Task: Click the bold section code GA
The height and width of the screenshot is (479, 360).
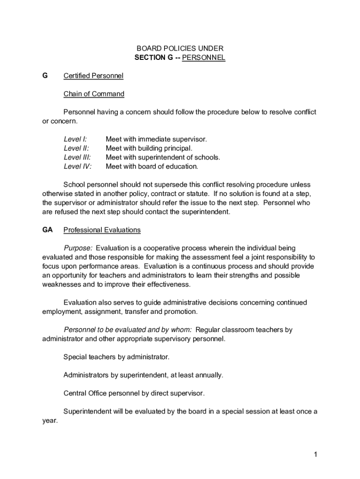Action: click(47, 230)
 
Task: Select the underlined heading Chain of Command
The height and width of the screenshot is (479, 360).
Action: click(94, 94)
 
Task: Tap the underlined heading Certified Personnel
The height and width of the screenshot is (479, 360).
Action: click(94, 76)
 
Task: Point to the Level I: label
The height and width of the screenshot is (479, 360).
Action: click(75, 139)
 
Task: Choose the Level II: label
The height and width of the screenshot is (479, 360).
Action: click(76, 148)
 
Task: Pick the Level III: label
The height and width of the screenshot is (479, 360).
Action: click(77, 157)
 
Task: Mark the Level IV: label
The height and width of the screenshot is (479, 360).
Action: click(78, 166)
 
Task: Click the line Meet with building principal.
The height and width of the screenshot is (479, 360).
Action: click(149, 148)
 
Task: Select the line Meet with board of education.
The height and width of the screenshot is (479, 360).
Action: click(152, 166)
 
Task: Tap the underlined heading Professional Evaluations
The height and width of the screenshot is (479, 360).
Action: click(102, 230)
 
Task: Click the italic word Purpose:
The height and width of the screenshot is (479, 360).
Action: click(78, 248)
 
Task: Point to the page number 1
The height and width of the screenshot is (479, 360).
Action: click(316, 454)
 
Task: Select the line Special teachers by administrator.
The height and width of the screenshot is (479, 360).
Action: click(116, 357)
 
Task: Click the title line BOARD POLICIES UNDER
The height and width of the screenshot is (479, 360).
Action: click(180, 49)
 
